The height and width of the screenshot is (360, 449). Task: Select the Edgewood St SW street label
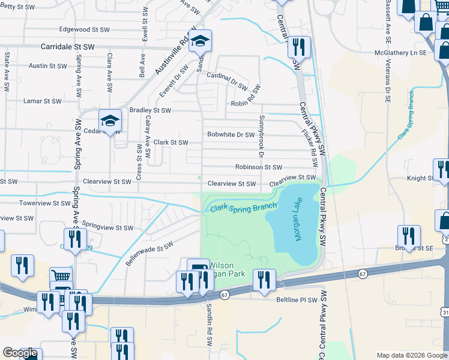pyautogui.click(x=85, y=29)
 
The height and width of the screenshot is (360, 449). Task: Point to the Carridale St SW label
pyautogui.click(x=68, y=46)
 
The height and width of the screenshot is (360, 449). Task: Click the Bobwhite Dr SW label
pyautogui.click(x=231, y=135)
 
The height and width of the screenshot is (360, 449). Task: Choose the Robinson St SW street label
pyautogui.click(x=258, y=167)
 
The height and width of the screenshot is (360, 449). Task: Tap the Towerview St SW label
pyautogui.click(x=44, y=203)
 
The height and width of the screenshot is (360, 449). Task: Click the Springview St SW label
pyautogui.click(x=107, y=228)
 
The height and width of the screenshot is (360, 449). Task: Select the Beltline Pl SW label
pyautogui.click(x=296, y=299)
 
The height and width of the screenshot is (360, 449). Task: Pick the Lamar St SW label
pyautogui.click(x=42, y=101)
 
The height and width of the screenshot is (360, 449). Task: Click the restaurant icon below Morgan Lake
pyautogui.click(x=264, y=280)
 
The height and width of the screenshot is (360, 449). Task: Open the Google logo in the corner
pyautogui.click(x=20, y=353)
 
